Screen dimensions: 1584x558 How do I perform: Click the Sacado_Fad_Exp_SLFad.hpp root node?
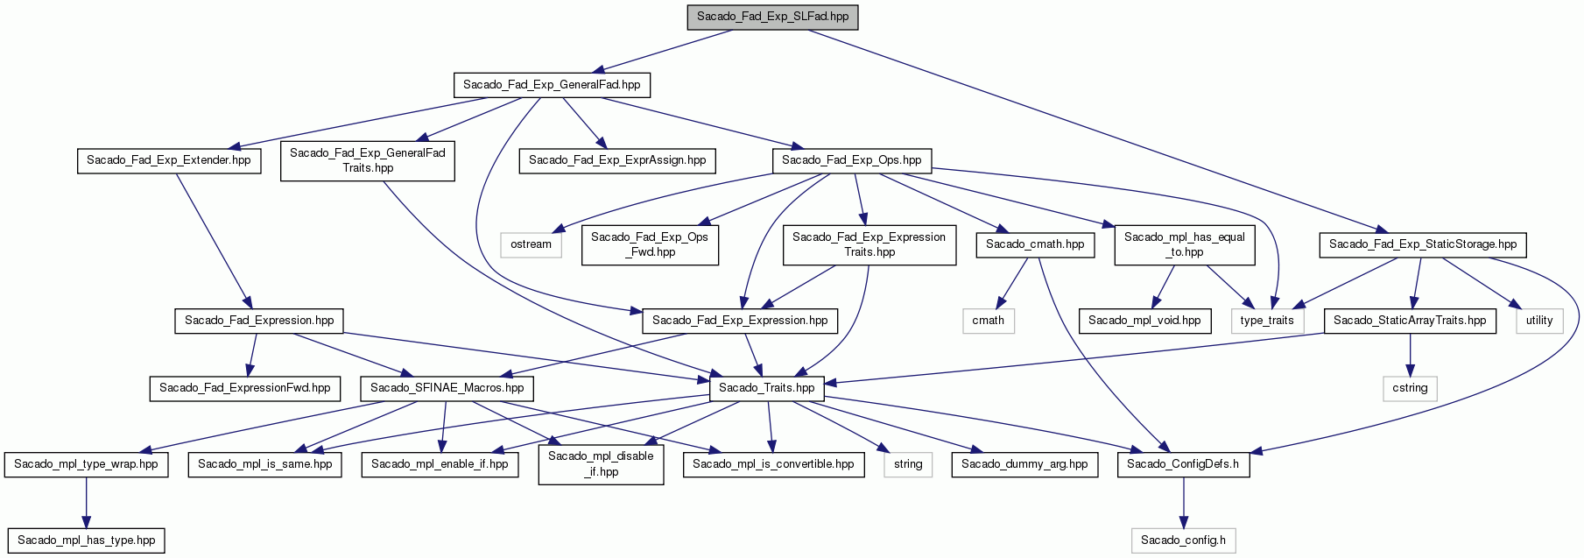(x=772, y=16)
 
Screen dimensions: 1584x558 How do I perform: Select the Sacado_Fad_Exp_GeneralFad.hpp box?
(x=552, y=85)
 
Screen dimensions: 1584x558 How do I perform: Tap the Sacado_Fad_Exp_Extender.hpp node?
(x=168, y=160)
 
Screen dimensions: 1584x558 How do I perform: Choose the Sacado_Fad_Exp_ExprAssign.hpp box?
(x=617, y=160)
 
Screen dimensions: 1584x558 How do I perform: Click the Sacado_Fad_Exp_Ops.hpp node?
(x=851, y=160)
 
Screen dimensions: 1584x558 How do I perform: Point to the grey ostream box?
(x=531, y=244)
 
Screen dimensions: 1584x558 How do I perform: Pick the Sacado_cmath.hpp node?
(x=1035, y=244)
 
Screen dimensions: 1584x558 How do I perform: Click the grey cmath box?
(x=988, y=321)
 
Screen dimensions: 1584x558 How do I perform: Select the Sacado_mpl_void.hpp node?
(x=1144, y=321)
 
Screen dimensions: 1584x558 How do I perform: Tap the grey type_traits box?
(x=1267, y=321)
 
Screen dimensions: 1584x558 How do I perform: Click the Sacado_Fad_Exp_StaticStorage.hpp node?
(x=1423, y=244)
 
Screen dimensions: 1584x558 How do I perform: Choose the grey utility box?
(x=1539, y=321)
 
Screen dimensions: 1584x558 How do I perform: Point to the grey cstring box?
(x=1410, y=388)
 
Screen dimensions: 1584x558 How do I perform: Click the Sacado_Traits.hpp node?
(x=766, y=388)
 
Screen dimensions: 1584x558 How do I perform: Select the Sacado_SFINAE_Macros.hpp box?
(x=447, y=388)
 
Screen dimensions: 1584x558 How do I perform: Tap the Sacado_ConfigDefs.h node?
(x=1183, y=464)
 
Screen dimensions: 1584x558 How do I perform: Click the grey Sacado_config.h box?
(x=1183, y=540)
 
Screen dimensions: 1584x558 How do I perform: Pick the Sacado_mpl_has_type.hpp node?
(x=86, y=540)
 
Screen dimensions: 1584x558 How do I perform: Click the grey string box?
(x=908, y=464)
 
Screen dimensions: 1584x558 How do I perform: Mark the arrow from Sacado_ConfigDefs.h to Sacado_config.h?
(x=1183, y=502)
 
